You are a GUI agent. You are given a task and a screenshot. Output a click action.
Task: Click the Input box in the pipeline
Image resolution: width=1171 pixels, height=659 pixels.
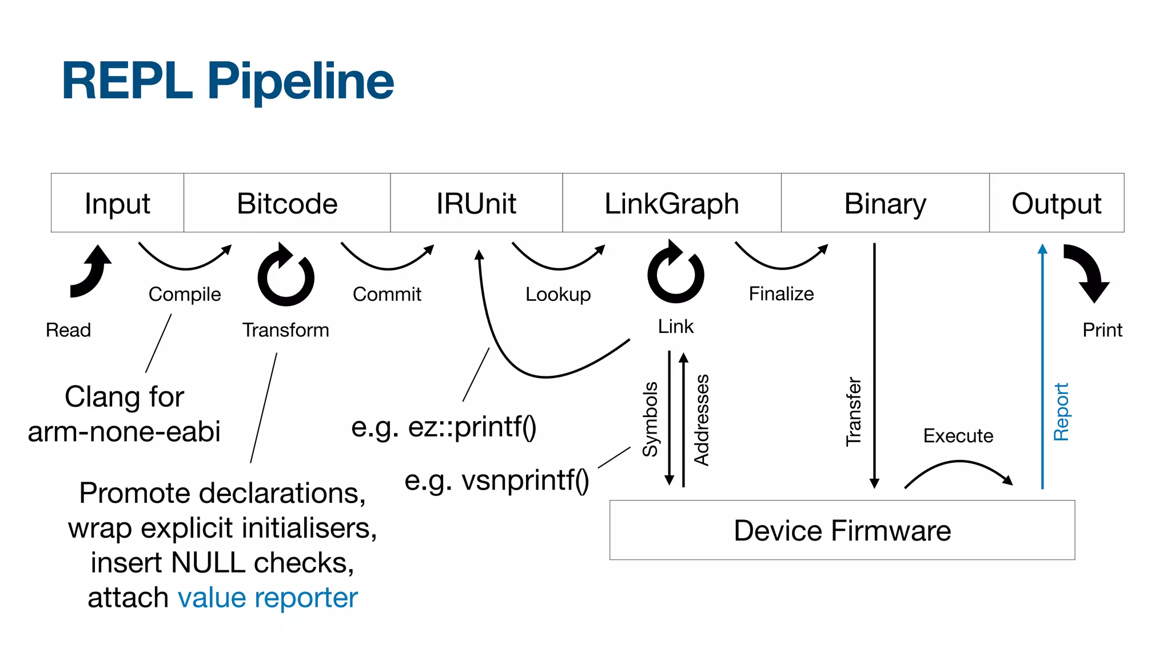[117, 203]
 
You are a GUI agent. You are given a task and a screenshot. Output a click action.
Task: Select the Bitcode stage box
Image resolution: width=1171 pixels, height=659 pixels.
[287, 203]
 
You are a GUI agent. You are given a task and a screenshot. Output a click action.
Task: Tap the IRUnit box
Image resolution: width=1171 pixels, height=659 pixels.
[476, 203]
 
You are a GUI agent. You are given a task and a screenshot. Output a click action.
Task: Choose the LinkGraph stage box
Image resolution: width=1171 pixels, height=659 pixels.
[672, 203]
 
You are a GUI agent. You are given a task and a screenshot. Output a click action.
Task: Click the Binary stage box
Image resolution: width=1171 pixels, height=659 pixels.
[885, 203]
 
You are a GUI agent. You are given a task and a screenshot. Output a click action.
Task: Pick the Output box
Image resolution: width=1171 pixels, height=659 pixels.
[1056, 203]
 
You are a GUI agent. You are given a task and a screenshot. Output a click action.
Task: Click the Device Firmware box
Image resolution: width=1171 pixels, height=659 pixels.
[842, 530]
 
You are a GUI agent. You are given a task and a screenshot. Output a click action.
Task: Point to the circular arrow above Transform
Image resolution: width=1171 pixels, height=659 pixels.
[286, 277]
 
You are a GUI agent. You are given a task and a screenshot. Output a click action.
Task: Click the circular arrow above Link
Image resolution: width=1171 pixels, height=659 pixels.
[675, 274]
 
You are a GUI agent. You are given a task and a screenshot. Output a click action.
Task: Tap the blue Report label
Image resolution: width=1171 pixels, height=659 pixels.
[1061, 412]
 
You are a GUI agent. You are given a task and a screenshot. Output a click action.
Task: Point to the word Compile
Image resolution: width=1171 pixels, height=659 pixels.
[185, 294]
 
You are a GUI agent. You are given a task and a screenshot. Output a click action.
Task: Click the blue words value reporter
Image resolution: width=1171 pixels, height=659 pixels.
[268, 598]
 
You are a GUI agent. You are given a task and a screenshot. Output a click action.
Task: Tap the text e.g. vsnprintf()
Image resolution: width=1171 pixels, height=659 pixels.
[496, 480]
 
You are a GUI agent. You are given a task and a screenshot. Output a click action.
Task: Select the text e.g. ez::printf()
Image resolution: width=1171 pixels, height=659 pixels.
[444, 427]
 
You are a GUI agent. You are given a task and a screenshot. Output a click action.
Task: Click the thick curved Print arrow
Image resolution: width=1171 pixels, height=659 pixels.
[1088, 272]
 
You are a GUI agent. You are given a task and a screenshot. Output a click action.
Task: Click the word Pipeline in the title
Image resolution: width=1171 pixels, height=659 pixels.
[300, 81]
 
